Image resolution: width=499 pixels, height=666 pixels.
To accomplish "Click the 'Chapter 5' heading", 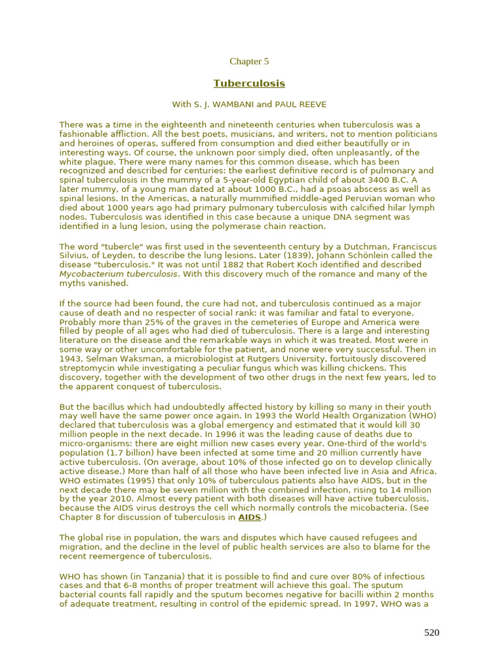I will click(x=249, y=62).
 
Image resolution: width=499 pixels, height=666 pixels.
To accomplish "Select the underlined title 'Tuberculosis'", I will click(x=249, y=84).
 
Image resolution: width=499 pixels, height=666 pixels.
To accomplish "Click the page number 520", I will click(x=431, y=633).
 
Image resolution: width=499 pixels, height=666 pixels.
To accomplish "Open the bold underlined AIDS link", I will click(x=249, y=518).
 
